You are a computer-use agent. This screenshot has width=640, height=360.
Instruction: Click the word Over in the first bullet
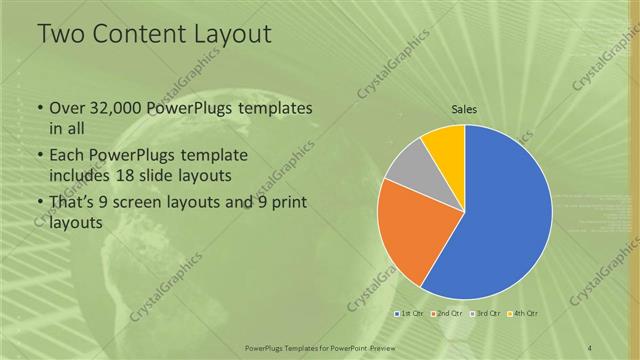pyautogui.click(x=68, y=108)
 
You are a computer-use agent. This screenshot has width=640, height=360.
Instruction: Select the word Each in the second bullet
pyautogui.click(x=68, y=157)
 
